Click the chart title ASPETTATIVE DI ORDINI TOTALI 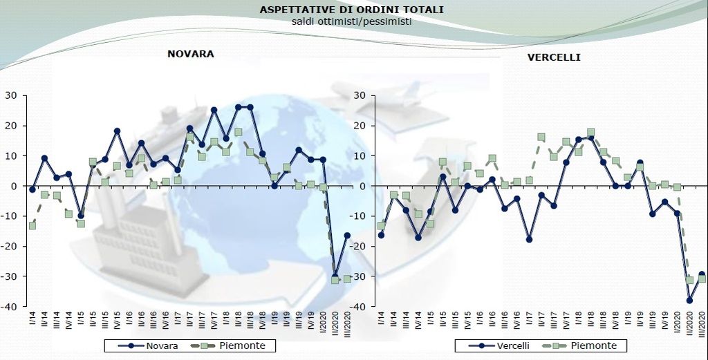352,10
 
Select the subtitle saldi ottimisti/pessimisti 352,21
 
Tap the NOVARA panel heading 191,53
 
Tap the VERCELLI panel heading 554,57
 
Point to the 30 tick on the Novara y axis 12,95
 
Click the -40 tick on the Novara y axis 10,307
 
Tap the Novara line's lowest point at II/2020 335,275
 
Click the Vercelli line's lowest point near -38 689,300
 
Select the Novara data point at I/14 32,189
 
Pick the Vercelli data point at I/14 381,235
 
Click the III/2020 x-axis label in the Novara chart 348,325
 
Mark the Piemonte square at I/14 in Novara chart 32,225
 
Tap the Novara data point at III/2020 347,235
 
